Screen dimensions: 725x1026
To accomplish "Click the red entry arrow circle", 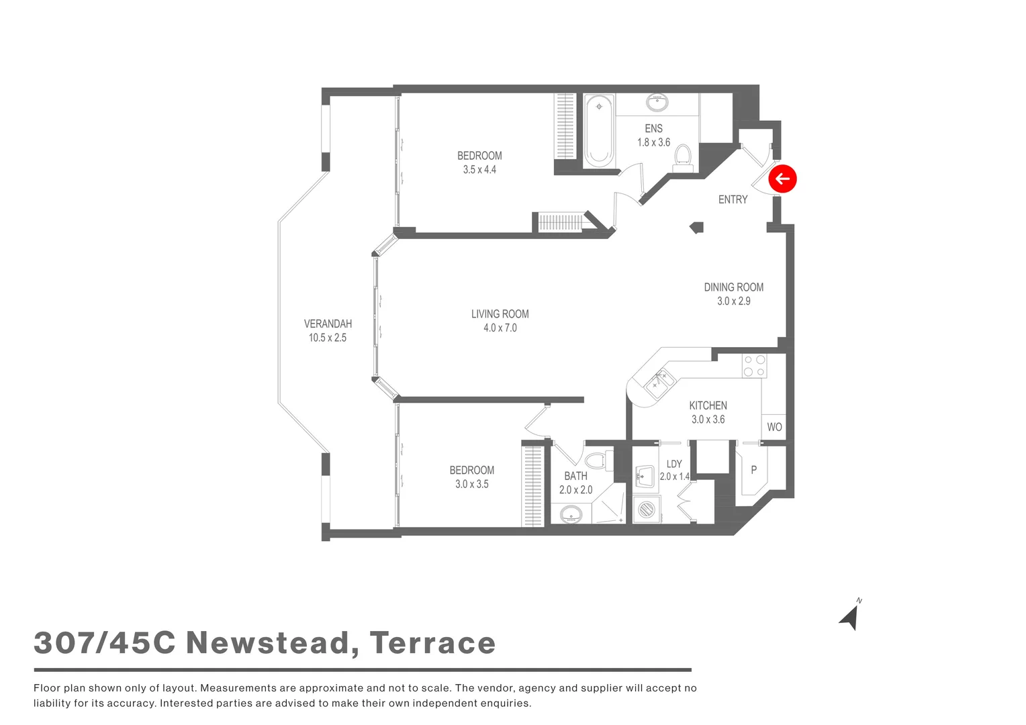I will tap(782, 179).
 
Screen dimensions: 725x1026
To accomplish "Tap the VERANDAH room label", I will tap(328, 324).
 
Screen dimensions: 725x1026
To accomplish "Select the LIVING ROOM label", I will tap(500, 313).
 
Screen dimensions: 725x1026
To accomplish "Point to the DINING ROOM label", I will tap(733, 287).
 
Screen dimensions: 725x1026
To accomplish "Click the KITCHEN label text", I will tap(708, 405).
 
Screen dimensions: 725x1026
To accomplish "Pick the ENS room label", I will tap(653, 128).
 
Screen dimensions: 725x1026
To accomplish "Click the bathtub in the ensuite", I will tap(598, 132).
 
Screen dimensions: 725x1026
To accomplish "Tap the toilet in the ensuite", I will tap(683, 156).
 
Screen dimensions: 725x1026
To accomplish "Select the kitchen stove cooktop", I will tap(754, 366).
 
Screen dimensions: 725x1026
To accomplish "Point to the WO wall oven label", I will tap(774, 427).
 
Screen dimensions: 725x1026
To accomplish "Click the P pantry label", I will tap(753, 470).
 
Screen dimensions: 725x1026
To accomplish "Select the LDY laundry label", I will tap(674, 464).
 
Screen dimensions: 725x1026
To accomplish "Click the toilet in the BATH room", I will tap(596, 461).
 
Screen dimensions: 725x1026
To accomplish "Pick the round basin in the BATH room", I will tap(570, 515).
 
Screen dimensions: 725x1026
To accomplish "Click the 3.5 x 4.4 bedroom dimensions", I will tap(479, 170).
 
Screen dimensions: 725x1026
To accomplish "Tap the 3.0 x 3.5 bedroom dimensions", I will tap(472, 484).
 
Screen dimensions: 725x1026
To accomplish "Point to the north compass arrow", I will tap(850, 617).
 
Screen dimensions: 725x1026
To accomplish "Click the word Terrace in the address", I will tap(432, 643).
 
